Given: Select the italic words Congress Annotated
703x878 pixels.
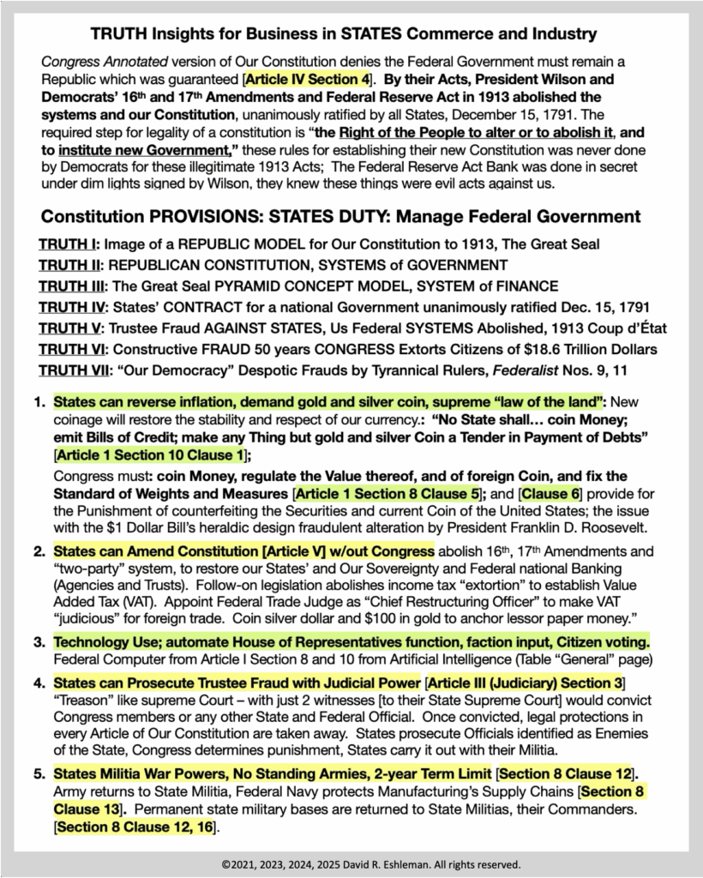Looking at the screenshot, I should (x=93, y=63).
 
